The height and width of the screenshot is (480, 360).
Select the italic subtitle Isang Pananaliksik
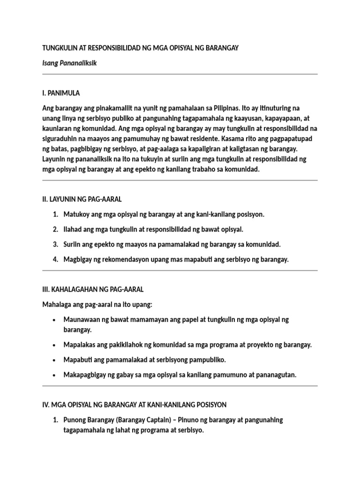pos(69,63)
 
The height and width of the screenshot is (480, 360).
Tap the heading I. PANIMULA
pos(64,93)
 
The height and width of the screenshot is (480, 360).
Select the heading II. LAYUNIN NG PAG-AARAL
pos(82,199)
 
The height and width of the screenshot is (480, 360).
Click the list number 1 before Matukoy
pos(55,214)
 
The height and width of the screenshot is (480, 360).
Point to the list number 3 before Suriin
pos(55,244)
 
